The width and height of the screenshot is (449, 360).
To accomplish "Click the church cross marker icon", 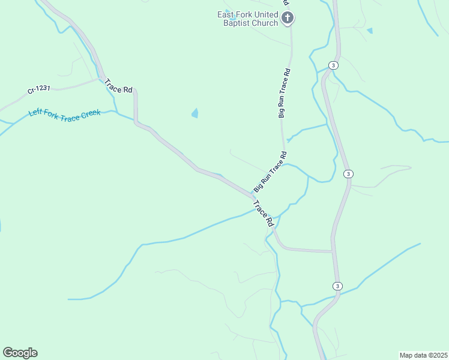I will point(288,18).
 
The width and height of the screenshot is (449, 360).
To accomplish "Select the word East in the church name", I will point(226,14).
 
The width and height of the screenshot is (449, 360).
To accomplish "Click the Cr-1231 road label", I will point(38,90).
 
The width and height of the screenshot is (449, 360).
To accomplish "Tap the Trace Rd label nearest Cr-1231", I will point(118,86).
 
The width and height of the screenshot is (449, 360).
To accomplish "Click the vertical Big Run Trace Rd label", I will point(285,92).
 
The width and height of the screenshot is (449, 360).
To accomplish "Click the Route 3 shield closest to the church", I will point(334,65).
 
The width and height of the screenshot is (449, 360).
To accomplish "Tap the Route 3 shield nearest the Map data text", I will point(338,286).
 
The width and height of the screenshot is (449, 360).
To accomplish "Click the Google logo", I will point(20,352).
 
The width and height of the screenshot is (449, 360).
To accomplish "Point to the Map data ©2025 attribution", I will point(423,355).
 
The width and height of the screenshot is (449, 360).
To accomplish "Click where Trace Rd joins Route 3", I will point(333,251).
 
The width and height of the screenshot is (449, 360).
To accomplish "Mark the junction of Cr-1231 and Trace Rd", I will point(100,78).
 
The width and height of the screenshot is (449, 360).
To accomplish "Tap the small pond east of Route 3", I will point(370,30).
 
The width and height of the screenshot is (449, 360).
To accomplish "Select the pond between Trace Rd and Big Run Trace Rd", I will point(194,113).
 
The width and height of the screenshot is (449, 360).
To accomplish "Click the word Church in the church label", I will point(265,23).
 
